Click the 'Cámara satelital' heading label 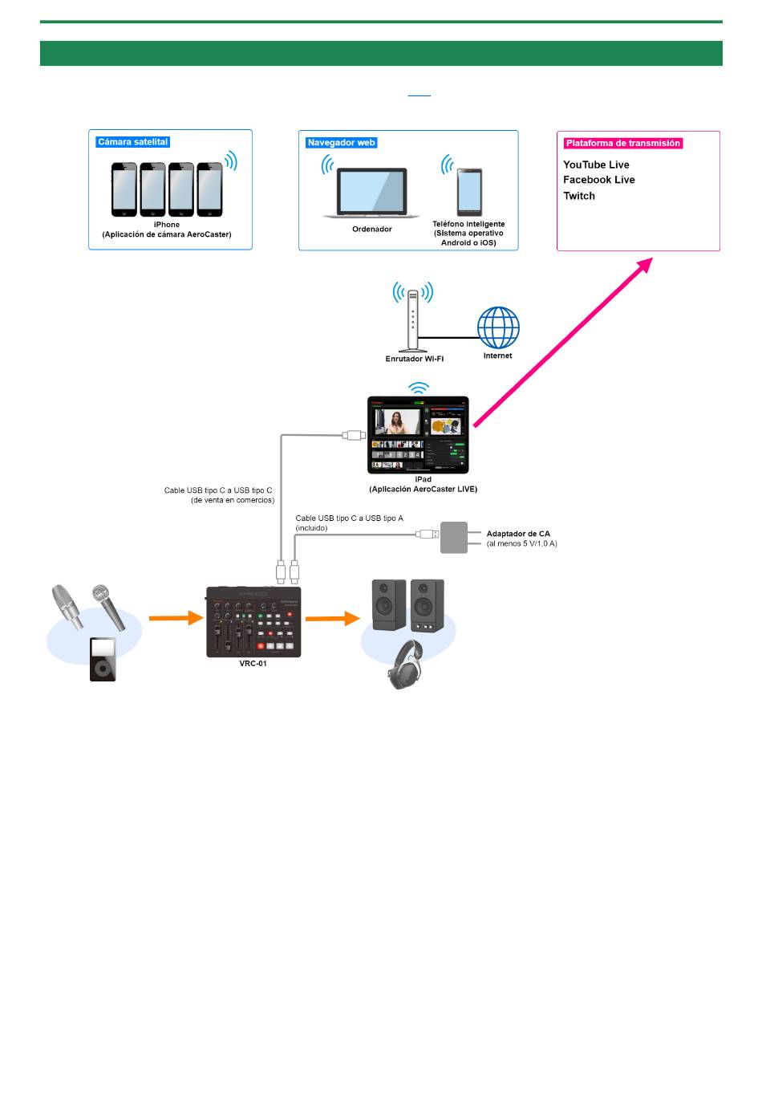[x=132, y=142]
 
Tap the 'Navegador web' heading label [x=341, y=143]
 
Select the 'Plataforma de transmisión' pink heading [x=622, y=143]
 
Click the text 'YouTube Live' [x=596, y=165]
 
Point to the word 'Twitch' [x=579, y=196]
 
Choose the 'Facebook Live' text [x=599, y=180]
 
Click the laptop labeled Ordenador [x=371, y=193]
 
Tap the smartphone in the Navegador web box [x=469, y=192]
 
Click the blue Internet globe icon [x=498, y=327]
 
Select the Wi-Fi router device [x=412, y=320]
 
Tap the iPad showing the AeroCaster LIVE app [x=418, y=434]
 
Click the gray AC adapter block [x=453, y=537]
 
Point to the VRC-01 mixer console [x=253, y=622]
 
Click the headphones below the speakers [x=406, y=664]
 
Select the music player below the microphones [x=103, y=659]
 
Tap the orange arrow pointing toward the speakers [x=333, y=618]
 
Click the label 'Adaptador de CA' [x=518, y=534]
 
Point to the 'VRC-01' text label [x=253, y=664]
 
